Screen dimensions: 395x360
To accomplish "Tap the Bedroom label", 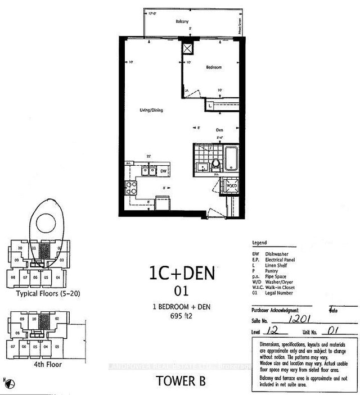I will [x=214, y=67].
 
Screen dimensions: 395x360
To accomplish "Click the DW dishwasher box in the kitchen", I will [x=163, y=171].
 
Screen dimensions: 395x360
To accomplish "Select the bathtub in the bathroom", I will [x=232, y=157].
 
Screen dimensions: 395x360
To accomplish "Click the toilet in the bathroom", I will [x=217, y=166].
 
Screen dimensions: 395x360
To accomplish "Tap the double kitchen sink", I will [x=148, y=171].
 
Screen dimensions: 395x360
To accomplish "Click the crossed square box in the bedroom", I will [x=187, y=49].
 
